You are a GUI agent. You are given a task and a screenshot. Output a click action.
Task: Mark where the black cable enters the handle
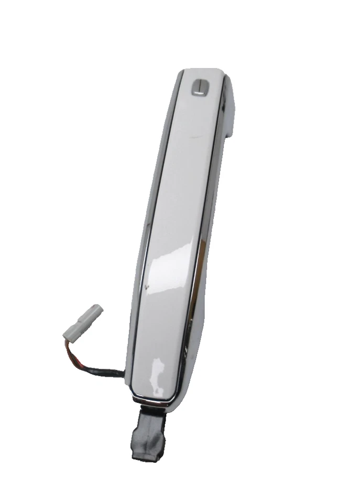pos(124,373)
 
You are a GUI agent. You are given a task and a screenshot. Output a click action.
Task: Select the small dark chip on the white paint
pos(147,288)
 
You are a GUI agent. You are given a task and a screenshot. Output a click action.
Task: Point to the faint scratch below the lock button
pos(198,137)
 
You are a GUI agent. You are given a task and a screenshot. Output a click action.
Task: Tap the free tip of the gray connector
pos(98,308)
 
